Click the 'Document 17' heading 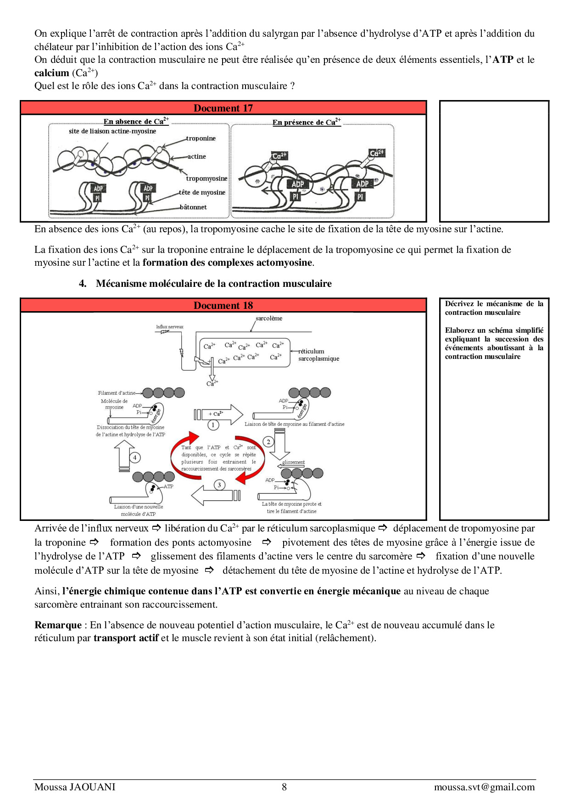(223, 108)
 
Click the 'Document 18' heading (223, 306)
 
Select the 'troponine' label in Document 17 (201, 138)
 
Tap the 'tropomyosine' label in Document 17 (206, 179)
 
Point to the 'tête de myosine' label (202, 192)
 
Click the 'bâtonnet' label (193, 207)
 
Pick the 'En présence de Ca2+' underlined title (307, 122)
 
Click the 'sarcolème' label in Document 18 (269, 318)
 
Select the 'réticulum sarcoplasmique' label (318, 355)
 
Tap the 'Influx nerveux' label (169, 327)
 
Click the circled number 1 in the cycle (213, 425)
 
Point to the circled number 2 (268, 442)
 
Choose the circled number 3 (219, 485)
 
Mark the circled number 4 (135, 458)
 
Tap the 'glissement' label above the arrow (293, 462)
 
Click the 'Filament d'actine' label (117, 393)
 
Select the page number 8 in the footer (284, 787)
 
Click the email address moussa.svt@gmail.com (484, 787)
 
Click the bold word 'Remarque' (58, 625)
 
